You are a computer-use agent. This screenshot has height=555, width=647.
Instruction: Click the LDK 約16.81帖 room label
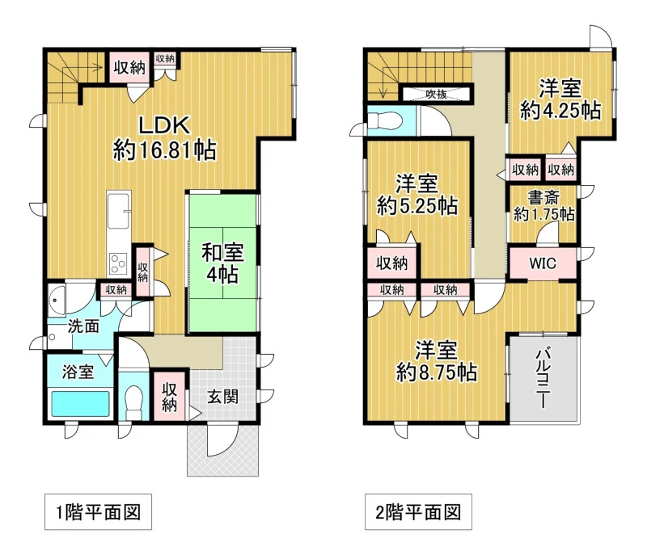(164, 137)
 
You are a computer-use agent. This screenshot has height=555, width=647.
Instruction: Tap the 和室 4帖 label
(223, 263)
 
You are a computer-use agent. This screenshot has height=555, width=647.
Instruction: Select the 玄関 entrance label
(223, 397)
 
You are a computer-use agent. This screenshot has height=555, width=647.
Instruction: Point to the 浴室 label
(78, 372)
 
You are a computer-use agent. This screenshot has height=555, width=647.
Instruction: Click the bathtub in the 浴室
(80, 404)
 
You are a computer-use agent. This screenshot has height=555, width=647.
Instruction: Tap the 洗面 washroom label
(83, 326)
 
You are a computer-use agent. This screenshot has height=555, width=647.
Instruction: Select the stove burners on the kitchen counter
(119, 263)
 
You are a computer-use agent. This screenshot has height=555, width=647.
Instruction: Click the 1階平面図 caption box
(98, 511)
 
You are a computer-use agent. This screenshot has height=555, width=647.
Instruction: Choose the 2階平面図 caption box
(418, 511)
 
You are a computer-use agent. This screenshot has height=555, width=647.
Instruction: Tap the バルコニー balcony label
(543, 378)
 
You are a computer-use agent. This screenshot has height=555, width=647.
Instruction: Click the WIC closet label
(543, 263)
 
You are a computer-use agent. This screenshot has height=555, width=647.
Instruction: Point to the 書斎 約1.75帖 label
(543, 206)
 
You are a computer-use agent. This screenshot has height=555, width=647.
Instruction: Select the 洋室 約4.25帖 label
(560, 99)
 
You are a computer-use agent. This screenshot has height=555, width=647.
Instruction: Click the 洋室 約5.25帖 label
(417, 195)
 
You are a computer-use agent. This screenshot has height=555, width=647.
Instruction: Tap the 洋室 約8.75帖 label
(437, 361)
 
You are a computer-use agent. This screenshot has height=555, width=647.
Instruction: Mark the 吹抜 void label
(436, 94)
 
